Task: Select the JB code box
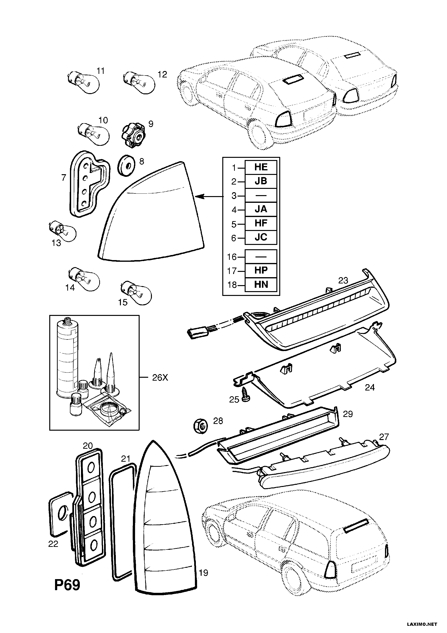coord(261,181)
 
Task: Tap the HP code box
coord(261,270)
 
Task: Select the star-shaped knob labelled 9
coord(133,135)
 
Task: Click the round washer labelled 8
coord(126,166)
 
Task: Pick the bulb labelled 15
coord(136,293)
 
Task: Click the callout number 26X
coord(160,377)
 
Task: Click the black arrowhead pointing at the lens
coord(200,196)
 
